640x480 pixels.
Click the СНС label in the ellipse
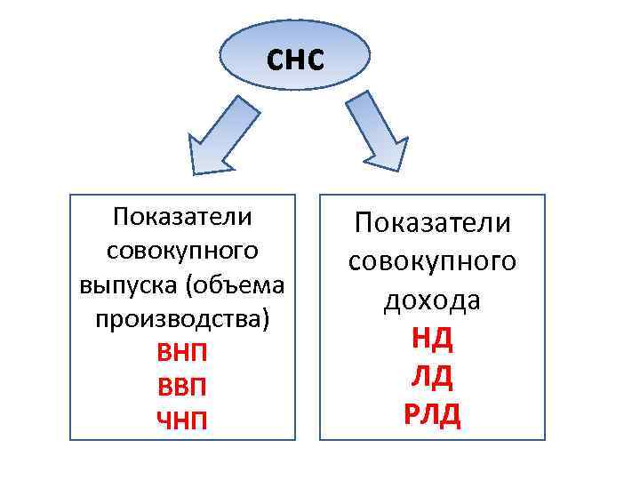click(x=296, y=59)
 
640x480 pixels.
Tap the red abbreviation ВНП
click(x=182, y=353)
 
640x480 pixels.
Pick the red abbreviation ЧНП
click(x=182, y=419)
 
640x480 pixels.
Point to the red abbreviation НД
click(x=432, y=338)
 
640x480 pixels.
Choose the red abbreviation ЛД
click(x=432, y=376)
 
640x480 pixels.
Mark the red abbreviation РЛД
click(x=432, y=414)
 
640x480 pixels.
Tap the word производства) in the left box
click(x=182, y=319)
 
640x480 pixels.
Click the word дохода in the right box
click(x=432, y=300)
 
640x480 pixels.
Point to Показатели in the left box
click(x=182, y=218)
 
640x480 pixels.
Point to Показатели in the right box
click(x=432, y=222)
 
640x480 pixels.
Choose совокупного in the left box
click(x=182, y=252)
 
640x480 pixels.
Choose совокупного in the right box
click(x=432, y=261)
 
